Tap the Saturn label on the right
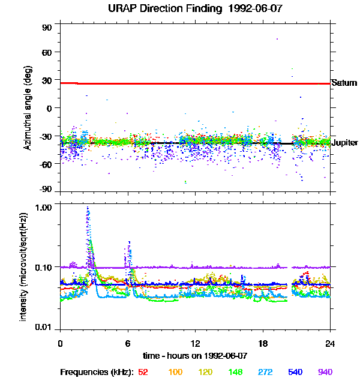[x=344, y=83]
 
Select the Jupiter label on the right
[x=344, y=143]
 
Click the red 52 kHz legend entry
[x=143, y=372]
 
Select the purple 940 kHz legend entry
[x=325, y=372]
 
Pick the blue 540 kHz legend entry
[x=295, y=372]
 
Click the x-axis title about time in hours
[x=195, y=356]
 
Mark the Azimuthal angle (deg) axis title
[x=27, y=108]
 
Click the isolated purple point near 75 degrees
[x=277, y=39]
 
